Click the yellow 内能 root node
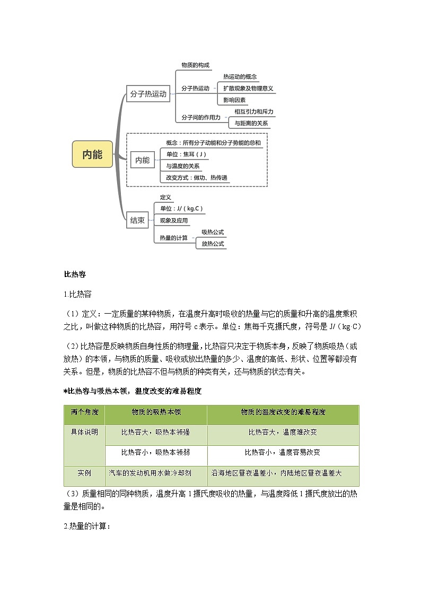[92, 154]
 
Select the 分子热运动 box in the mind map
[148, 94]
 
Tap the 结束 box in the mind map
[137, 221]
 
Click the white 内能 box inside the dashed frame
[143, 160]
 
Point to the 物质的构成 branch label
[195, 65]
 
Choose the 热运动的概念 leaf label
[240, 76]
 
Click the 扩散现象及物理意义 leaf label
[248, 88]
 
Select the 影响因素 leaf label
[234, 100]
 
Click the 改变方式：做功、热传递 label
[197, 178]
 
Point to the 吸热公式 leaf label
[213, 232]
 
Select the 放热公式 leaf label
[213, 244]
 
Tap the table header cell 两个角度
[84, 412]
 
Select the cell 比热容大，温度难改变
[283, 432]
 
